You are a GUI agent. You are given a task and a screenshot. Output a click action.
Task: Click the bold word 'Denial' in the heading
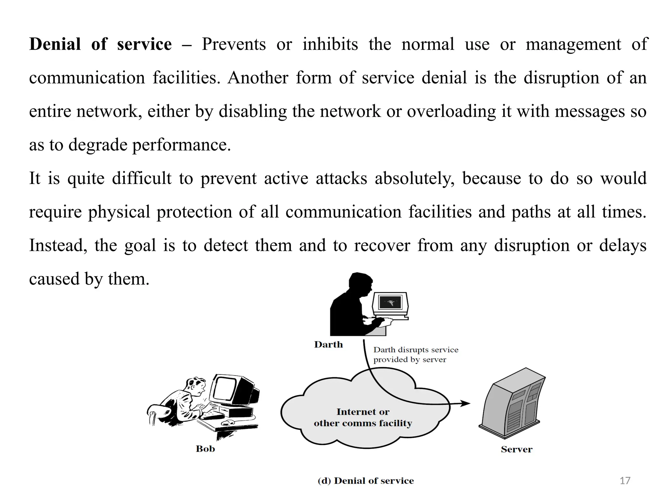[x=55, y=44]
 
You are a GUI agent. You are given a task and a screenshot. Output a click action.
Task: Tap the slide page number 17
[x=625, y=480]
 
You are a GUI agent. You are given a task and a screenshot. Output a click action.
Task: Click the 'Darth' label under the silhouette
[x=328, y=345]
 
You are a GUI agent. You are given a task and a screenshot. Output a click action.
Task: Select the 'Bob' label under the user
[x=205, y=449]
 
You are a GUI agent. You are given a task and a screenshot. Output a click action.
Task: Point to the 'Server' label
[x=516, y=449]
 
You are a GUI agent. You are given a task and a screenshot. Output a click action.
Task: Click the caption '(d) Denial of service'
[x=366, y=481]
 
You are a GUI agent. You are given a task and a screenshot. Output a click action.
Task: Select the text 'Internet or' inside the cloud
[x=363, y=412]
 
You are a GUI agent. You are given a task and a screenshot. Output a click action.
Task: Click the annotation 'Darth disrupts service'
[x=415, y=350]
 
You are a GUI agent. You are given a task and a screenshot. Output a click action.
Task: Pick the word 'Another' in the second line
[x=258, y=78]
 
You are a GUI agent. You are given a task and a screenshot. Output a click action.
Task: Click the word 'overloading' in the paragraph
[x=451, y=111]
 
